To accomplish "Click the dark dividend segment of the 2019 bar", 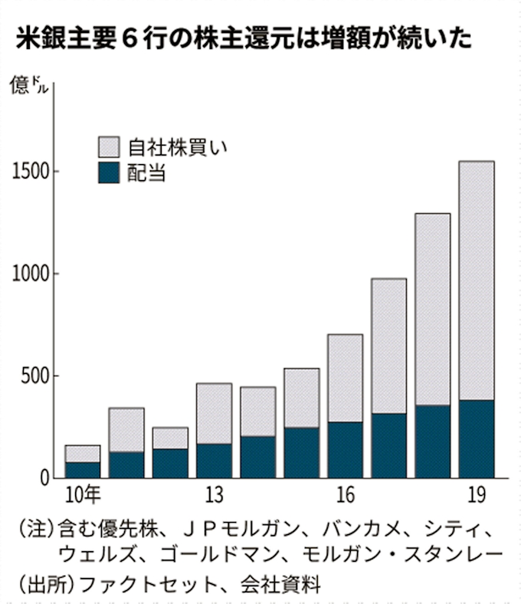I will (475, 438).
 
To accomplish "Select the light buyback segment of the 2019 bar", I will (475, 281).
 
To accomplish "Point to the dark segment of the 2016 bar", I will (345, 450).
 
